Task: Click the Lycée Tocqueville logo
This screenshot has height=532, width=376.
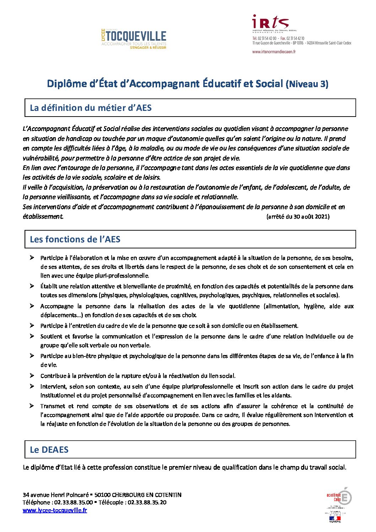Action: click(134, 38)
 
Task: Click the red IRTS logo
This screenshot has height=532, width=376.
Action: click(270, 23)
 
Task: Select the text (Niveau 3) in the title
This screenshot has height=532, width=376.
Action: click(307, 84)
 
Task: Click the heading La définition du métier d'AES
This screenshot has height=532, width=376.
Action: click(91, 108)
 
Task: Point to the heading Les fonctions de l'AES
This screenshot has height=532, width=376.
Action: click(75, 239)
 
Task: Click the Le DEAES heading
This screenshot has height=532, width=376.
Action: click(49, 450)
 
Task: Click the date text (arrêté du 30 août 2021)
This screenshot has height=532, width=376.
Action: click(298, 216)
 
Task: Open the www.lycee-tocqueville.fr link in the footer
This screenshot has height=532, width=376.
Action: click(55, 510)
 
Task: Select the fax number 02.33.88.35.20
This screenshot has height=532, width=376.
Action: click(147, 502)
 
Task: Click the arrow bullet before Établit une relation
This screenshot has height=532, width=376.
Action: click(32, 286)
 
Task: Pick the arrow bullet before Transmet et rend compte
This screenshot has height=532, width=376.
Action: click(32, 405)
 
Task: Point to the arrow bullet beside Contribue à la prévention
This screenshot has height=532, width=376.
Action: click(32, 375)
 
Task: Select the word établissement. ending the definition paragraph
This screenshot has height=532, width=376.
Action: click(43, 216)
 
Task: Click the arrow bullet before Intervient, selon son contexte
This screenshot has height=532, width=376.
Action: click(32, 386)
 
